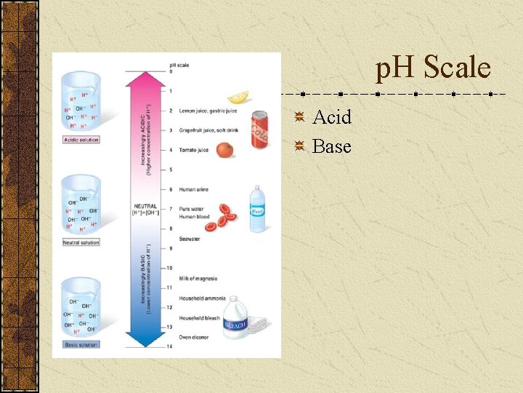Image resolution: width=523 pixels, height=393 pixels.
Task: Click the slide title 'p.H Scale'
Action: tap(433, 69)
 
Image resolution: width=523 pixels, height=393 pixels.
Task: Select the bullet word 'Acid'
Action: tap(332, 117)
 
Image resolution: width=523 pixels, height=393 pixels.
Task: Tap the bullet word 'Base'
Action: tap(332, 147)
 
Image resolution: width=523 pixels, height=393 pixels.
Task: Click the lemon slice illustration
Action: tap(238, 97)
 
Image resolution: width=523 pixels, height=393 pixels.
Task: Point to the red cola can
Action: tap(259, 130)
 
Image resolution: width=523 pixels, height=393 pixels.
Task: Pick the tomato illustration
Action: tap(225, 150)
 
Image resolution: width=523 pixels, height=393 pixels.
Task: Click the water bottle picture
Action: tap(258, 209)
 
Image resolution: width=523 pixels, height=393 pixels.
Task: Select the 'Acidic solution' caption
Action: tap(81, 140)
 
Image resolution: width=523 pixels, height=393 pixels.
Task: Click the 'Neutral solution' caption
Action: tap(81, 242)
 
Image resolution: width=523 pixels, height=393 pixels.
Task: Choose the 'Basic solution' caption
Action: tap(81, 344)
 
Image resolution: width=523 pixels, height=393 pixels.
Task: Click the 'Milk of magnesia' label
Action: tap(198, 279)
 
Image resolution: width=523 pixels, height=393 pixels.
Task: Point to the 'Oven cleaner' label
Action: tap(193, 337)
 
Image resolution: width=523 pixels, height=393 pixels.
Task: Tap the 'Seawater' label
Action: tap(190, 239)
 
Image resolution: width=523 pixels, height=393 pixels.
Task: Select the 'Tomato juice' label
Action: tap(194, 150)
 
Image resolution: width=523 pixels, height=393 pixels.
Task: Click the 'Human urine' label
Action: tap(194, 189)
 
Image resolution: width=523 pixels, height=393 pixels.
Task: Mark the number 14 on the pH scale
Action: tap(170, 346)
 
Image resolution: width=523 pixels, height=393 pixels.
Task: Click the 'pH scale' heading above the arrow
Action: tap(179, 65)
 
